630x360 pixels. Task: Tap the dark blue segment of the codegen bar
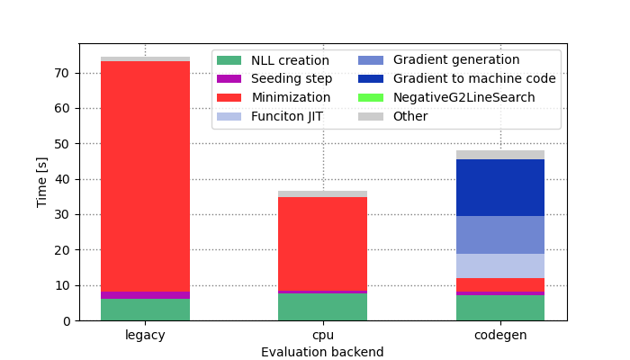pyautogui.click(x=499, y=187)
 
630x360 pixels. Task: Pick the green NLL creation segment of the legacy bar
pyautogui.click(x=145, y=310)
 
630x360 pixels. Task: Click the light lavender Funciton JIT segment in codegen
pyautogui.click(x=499, y=265)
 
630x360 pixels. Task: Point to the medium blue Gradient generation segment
pyautogui.click(x=499, y=235)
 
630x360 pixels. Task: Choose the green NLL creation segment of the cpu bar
pyautogui.click(x=322, y=307)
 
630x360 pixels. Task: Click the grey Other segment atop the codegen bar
pyautogui.click(x=499, y=155)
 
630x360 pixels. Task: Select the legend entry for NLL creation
pyautogui.click(x=274, y=60)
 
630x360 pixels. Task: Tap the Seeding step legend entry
pyautogui.click(x=274, y=79)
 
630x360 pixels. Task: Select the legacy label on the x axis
pyautogui.click(x=145, y=336)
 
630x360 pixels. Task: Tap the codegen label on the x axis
pyautogui.click(x=499, y=336)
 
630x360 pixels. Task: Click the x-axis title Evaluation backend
pyautogui.click(x=322, y=352)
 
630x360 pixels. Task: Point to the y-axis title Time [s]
pyautogui.click(x=42, y=182)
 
